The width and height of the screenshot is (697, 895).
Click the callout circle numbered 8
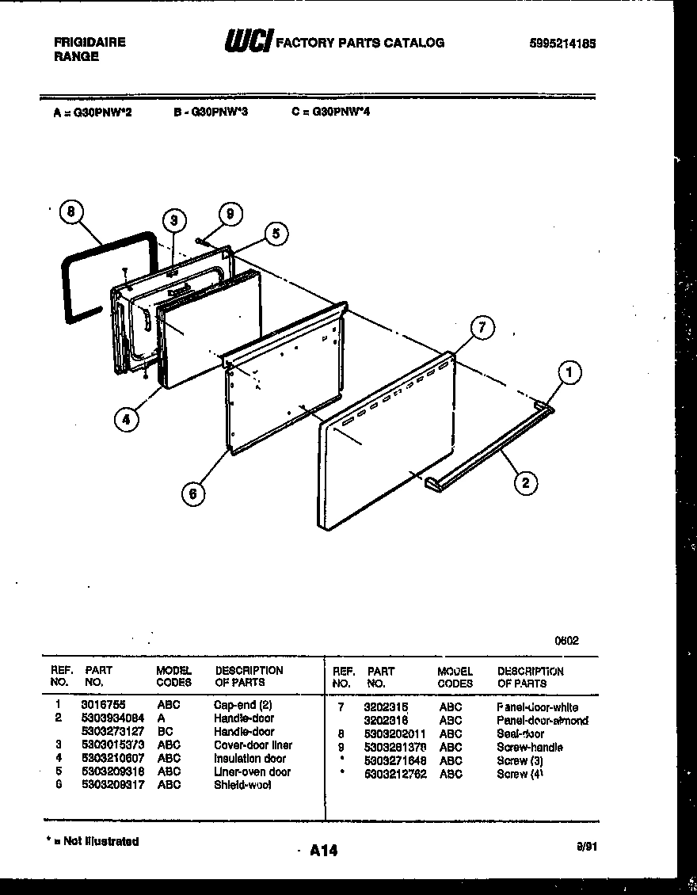tap(71, 211)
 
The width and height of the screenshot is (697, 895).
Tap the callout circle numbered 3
tap(174, 221)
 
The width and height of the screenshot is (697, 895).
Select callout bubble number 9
tap(230, 214)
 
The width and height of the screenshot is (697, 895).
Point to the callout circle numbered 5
tap(276, 234)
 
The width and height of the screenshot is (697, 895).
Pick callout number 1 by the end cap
tap(568, 371)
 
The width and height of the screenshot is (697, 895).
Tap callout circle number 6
tap(192, 494)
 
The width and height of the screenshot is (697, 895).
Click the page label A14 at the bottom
tap(324, 851)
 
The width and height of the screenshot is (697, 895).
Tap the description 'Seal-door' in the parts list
tap(520, 733)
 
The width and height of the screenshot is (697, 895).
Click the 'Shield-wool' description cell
tap(242, 785)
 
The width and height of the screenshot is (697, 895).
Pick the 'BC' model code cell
tap(166, 731)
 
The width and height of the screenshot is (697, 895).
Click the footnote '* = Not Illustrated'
tap(93, 841)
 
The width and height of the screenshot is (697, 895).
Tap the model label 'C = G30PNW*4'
tap(331, 112)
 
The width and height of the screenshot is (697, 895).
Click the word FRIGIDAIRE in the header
tap(90, 43)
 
